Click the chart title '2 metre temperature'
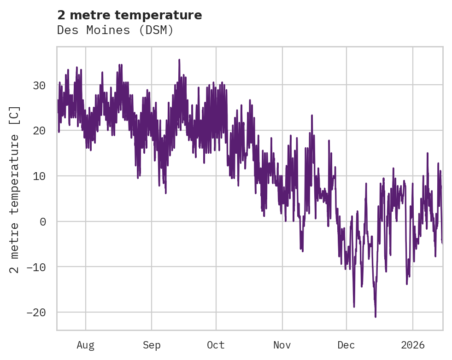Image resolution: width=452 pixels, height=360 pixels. pyautogui.click(x=129, y=15)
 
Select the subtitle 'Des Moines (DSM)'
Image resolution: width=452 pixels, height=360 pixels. pyautogui.click(x=115, y=30)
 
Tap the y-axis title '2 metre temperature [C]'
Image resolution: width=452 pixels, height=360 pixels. pyautogui.click(x=15, y=189)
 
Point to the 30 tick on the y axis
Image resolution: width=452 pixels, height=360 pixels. pyautogui.click(x=39, y=86)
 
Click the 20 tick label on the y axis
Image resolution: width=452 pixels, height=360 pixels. pyautogui.click(x=39, y=131)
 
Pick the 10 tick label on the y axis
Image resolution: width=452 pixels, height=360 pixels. pyautogui.click(x=39, y=176)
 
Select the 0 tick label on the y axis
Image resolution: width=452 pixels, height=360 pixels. pyautogui.click(x=43, y=221)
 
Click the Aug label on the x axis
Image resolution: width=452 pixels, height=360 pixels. pyautogui.click(x=86, y=345)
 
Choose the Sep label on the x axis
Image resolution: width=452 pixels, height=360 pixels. pyautogui.click(x=151, y=345)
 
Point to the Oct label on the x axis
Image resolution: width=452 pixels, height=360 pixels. pyautogui.click(x=216, y=345)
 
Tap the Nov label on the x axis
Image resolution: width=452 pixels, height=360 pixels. pyautogui.click(x=282, y=345)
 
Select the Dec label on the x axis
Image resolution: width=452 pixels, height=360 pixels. pyautogui.click(x=346, y=345)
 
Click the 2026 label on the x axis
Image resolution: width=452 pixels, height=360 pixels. pyautogui.click(x=412, y=345)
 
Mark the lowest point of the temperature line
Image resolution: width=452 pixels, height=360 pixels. pyautogui.click(x=376, y=317)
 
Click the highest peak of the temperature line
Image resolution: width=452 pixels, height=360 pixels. pyautogui.click(x=179, y=59)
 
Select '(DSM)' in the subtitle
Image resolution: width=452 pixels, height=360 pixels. pyautogui.click(x=158, y=30)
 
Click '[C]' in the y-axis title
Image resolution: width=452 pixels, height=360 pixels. pyautogui.click(x=15, y=115)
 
